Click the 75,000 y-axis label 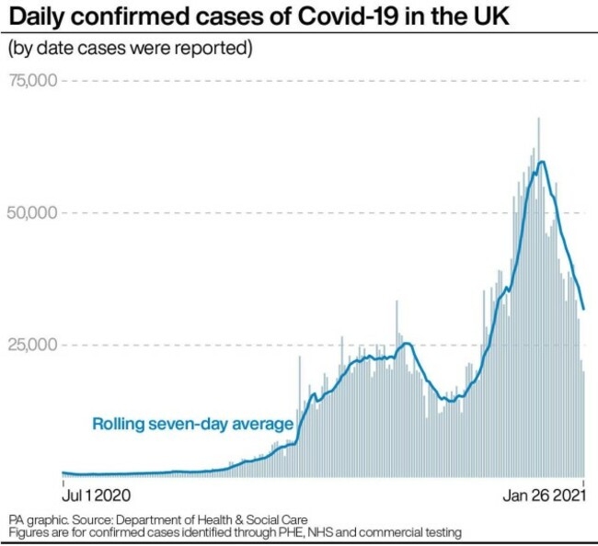[33, 81]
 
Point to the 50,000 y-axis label [33, 212]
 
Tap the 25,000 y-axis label [33, 345]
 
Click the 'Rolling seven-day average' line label [192, 424]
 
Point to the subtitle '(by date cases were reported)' [130, 47]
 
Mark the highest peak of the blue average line [543, 162]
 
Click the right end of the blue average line [584, 309]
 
